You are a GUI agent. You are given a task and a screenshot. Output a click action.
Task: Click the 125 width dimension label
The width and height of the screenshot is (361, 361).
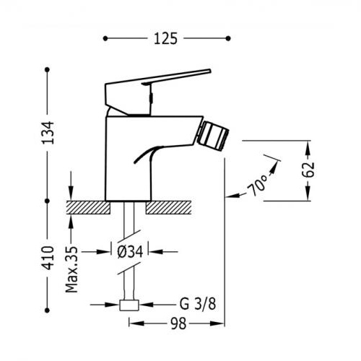coord(165,38)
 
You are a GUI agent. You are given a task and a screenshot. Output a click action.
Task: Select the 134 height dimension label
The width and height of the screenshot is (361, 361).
coord(48,133)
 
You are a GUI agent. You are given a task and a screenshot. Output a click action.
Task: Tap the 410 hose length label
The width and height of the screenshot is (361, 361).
coord(48,258)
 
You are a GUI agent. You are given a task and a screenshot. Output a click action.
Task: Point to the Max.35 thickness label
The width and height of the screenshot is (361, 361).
coord(72,269)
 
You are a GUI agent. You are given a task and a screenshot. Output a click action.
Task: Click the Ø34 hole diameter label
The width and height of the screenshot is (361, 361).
coord(130,252)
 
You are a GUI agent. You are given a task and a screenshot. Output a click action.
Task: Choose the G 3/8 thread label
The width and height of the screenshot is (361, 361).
coord(198,304)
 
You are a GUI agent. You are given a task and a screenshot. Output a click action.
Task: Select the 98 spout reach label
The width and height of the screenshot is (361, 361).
coord(178,323)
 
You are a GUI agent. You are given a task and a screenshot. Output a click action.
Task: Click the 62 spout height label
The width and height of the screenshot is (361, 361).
coord(308,170)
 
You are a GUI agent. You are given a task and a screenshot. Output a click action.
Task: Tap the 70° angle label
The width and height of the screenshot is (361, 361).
coord(257,186)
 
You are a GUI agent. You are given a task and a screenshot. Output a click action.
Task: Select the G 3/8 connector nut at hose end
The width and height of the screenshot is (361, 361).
coord(129,305)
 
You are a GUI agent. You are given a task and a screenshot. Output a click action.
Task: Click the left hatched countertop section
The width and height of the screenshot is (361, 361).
coord(88,207)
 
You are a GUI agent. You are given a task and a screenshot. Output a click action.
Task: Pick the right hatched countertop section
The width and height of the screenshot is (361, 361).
coord(169,207)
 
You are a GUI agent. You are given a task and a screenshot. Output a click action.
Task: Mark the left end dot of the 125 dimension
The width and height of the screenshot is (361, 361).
coord(105,38)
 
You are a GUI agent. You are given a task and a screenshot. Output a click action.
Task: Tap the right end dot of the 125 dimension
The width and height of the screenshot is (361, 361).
coord(228,38)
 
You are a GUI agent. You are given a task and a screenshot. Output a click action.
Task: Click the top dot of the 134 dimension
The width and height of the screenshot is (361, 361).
coord(47,70)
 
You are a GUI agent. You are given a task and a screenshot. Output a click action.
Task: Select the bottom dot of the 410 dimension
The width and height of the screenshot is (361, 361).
coord(47,310)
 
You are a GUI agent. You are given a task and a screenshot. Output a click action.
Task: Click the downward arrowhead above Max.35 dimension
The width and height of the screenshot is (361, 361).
coord(71,195)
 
